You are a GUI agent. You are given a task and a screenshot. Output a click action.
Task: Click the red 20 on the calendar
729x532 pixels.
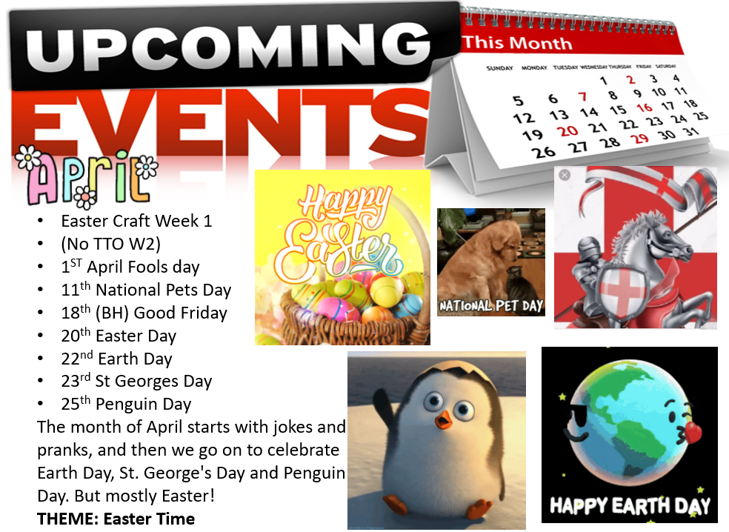(567, 131)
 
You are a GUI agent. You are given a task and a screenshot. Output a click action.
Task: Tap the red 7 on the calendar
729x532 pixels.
(582, 97)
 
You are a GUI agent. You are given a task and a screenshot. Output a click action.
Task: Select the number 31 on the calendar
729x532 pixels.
(691, 132)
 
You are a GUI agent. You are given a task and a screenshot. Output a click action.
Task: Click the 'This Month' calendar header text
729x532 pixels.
(517, 43)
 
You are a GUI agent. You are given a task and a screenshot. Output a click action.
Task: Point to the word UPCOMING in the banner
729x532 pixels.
(229, 46)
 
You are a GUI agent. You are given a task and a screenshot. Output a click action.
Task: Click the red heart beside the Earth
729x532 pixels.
(692, 431)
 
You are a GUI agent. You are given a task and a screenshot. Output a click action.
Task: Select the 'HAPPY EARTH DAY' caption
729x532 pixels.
(630, 505)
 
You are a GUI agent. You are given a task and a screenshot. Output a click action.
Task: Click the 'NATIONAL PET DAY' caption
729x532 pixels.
(491, 305)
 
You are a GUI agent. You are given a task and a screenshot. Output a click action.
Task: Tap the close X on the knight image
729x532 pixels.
(565, 176)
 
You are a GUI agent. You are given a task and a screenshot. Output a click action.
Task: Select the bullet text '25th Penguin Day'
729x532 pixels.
(126, 404)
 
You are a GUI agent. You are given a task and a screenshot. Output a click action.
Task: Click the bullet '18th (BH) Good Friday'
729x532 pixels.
(144, 313)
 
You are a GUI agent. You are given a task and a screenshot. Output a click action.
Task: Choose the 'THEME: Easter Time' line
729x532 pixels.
(116, 519)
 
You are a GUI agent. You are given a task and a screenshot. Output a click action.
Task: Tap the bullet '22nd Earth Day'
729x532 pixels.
(117, 359)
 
